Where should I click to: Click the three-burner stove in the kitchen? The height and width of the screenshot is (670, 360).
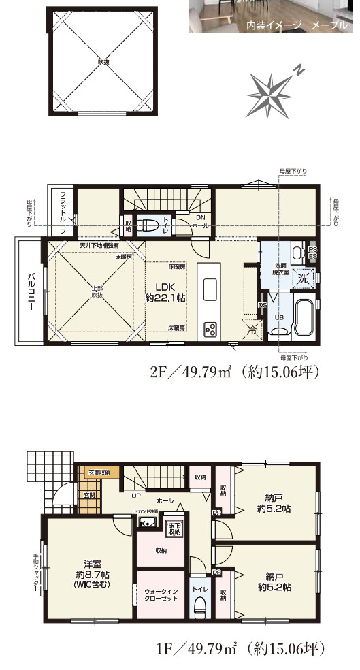pos(210,330)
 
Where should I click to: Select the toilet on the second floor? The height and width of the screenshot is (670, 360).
pos(148,225)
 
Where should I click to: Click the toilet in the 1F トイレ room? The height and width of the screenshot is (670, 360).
pos(200,607)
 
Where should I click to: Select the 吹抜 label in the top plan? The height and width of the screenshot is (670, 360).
pos(103,62)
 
